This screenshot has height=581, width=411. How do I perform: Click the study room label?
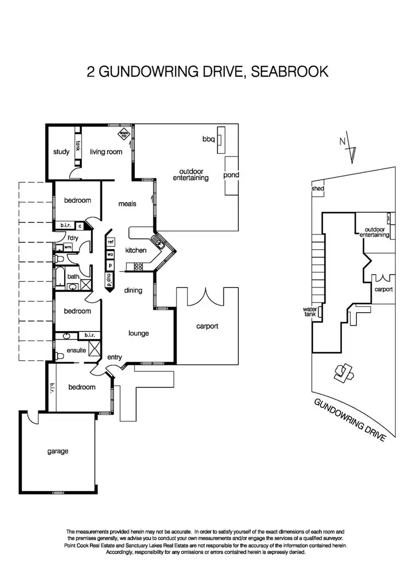(61, 152)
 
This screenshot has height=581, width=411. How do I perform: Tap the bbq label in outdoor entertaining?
(208, 140)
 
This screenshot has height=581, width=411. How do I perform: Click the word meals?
(127, 204)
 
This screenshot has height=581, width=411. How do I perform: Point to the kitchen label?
(136, 250)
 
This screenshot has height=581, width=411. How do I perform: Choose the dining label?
(133, 290)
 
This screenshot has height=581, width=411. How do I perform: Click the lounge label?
(139, 333)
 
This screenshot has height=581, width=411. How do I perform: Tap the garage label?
(58, 451)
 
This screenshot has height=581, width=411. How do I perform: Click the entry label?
(115, 358)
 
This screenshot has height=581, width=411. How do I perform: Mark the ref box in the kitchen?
(110, 241)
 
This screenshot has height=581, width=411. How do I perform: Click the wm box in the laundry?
(68, 248)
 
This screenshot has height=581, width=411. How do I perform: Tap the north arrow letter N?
(342, 141)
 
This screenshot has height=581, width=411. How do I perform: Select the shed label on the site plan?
(318, 189)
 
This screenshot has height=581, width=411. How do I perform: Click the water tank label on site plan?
(310, 312)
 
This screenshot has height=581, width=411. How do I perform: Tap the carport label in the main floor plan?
(207, 326)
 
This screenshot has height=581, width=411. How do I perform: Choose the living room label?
(106, 152)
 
